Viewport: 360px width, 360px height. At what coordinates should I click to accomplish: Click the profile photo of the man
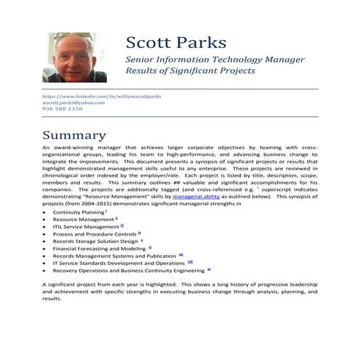pos(76,57)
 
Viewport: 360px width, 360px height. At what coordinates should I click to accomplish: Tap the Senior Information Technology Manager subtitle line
pos(215,59)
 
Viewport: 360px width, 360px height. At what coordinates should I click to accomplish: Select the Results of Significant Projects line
pos(191,71)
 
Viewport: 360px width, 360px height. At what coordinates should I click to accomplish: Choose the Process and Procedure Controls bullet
pos(95,234)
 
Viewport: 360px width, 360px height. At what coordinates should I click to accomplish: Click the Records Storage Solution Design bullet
pos(95,241)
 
